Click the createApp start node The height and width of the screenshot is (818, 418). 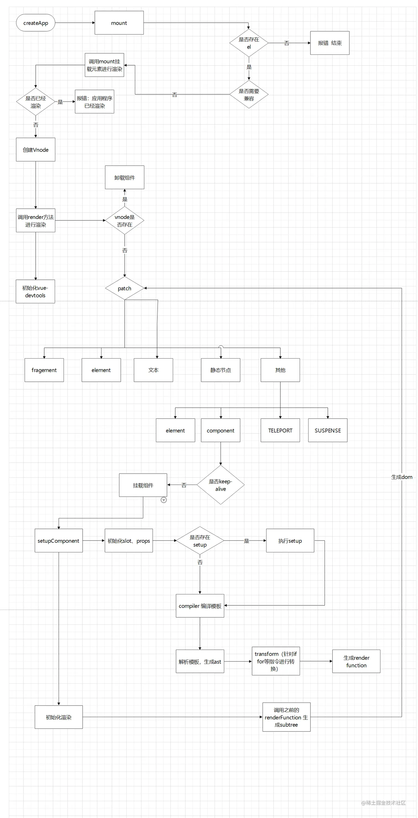(x=36, y=23)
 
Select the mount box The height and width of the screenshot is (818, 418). (x=119, y=23)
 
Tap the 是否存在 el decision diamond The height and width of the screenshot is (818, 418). (x=249, y=43)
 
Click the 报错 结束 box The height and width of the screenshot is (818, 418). (x=330, y=43)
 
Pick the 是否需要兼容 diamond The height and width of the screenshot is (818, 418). (x=249, y=94)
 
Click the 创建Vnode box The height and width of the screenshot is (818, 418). (x=36, y=150)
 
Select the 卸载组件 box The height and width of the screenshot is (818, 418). (x=124, y=177)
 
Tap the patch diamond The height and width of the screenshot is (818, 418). (x=124, y=288)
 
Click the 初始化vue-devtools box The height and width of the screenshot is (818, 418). (x=35, y=291)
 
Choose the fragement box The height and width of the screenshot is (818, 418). (x=44, y=370)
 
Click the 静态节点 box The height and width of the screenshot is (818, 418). (x=220, y=370)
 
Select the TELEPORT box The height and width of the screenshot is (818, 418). (x=280, y=430)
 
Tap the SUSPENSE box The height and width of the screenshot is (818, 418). (x=328, y=430)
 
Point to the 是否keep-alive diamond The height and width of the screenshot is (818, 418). (x=220, y=485)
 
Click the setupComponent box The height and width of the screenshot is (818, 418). (x=58, y=540)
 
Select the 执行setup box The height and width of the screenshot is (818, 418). (x=290, y=540)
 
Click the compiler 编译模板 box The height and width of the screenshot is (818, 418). (x=200, y=606)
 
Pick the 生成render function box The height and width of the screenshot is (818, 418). (x=356, y=662)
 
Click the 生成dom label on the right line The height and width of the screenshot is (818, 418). (x=401, y=477)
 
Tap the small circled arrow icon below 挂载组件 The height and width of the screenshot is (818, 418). (x=164, y=500)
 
